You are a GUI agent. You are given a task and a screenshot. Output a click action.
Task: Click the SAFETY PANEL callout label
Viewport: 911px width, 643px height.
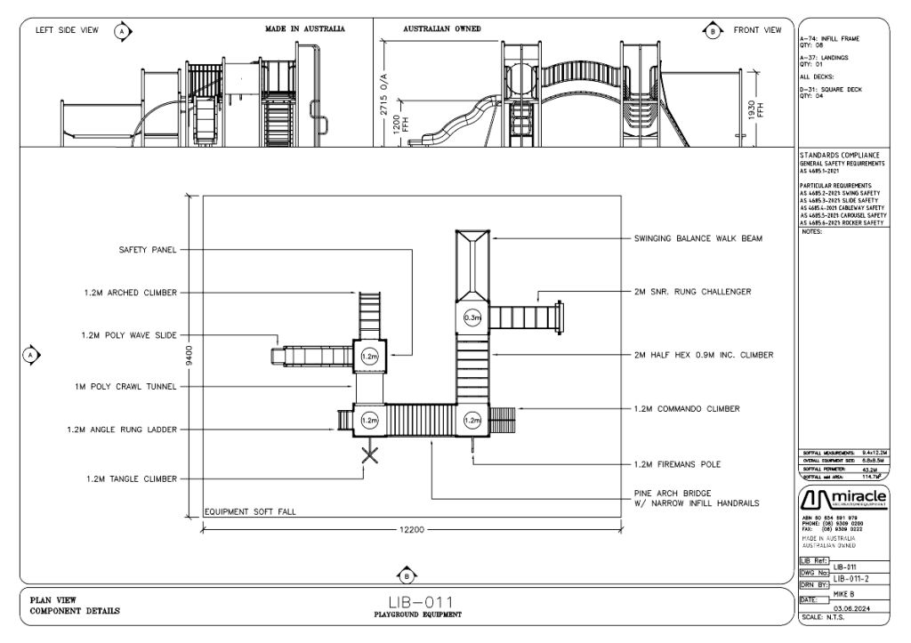(x=147, y=251)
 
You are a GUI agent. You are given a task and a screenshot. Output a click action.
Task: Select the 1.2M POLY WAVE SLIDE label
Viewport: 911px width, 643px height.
(x=126, y=335)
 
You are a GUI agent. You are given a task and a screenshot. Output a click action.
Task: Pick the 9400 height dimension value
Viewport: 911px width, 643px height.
(x=188, y=355)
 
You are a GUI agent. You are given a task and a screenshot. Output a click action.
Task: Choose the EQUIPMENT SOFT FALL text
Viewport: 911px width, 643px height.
(x=249, y=512)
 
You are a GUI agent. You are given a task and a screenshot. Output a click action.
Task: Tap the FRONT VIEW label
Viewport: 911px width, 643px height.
(x=757, y=30)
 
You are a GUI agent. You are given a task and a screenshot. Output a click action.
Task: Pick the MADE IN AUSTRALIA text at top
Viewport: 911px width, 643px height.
(x=305, y=29)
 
